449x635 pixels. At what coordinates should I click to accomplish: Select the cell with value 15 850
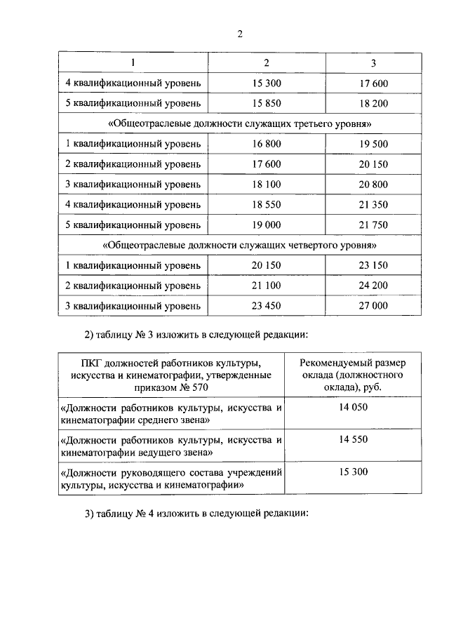tap(266, 102)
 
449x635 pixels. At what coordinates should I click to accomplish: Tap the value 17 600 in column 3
tap(373, 83)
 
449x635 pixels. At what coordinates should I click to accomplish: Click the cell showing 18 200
tap(373, 102)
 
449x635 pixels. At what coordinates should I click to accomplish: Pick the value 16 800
tap(266, 144)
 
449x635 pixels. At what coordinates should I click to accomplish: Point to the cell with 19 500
tap(373, 144)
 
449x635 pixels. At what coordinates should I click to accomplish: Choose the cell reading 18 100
tap(266, 185)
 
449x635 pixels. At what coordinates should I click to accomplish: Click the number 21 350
tap(373, 205)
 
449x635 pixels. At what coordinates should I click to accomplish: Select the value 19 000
tap(266, 225)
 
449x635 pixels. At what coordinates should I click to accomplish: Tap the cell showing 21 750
tap(373, 225)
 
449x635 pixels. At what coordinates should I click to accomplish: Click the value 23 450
tap(266, 306)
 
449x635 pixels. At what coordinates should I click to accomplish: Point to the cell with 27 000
tap(373, 306)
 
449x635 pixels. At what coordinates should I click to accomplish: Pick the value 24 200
tap(373, 286)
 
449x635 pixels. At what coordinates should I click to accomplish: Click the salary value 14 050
tap(353, 407)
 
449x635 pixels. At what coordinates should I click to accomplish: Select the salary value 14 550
tap(353, 439)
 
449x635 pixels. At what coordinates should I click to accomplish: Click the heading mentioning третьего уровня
tap(240, 123)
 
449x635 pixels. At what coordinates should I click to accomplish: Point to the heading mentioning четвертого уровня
tap(240, 246)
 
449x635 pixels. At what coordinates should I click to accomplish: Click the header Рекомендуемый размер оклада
tap(353, 373)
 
